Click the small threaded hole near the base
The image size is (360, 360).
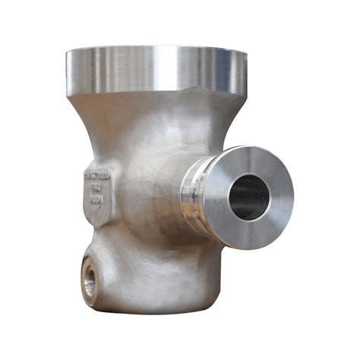(90, 282)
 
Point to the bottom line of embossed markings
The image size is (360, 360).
(96, 201)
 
